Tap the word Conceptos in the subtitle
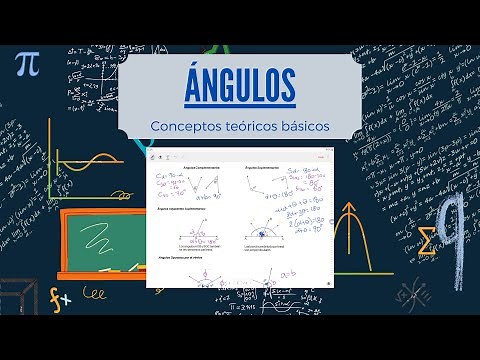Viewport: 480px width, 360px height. tap(187, 126)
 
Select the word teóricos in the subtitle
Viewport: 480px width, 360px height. tap(254, 126)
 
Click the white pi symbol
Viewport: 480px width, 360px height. tap(27, 64)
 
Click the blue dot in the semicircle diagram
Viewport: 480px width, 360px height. tap(263, 237)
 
